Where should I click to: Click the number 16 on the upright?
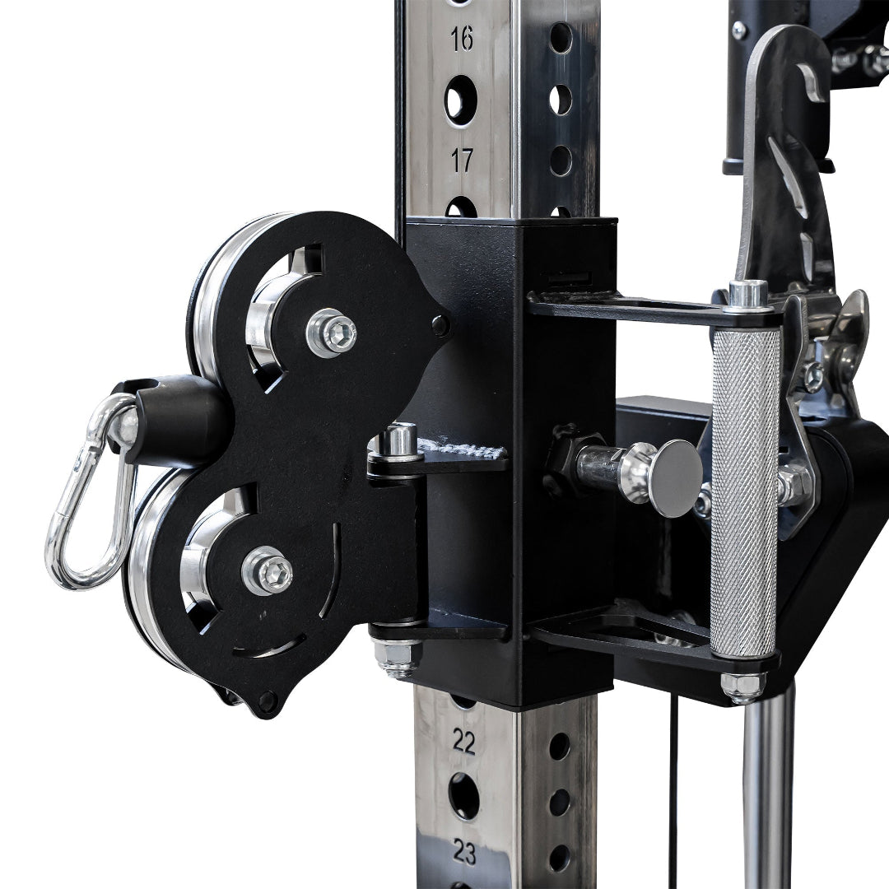click(x=463, y=39)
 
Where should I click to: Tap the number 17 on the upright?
click(x=463, y=160)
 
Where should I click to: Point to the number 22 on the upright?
click(x=464, y=742)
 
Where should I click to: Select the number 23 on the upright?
click(x=465, y=853)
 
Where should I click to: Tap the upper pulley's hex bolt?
click(x=332, y=332)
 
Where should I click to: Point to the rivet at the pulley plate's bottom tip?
click(x=267, y=702)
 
